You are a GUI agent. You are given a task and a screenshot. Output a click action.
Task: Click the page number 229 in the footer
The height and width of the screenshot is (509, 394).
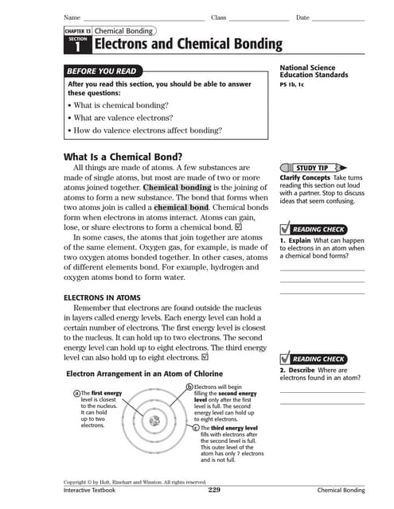tap(213, 491)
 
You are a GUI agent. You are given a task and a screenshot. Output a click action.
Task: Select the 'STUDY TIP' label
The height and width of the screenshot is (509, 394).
tap(311, 169)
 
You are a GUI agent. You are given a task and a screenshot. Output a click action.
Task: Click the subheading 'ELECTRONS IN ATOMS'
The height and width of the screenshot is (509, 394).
tap(103, 297)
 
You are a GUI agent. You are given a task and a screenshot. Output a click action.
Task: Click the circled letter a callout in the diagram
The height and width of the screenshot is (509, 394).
tap(76, 393)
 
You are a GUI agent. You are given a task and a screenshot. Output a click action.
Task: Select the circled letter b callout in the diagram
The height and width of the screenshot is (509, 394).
tap(189, 387)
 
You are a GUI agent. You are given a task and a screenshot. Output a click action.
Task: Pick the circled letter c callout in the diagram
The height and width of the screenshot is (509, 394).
tap(197, 427)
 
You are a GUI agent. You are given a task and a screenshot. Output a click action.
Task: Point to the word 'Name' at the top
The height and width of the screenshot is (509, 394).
tap(72, 17)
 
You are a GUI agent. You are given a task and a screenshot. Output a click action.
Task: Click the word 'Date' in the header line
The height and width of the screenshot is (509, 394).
tap(302, 17)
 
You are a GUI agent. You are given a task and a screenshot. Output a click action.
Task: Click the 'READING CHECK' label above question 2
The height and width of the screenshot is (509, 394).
tap(318, 359)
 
